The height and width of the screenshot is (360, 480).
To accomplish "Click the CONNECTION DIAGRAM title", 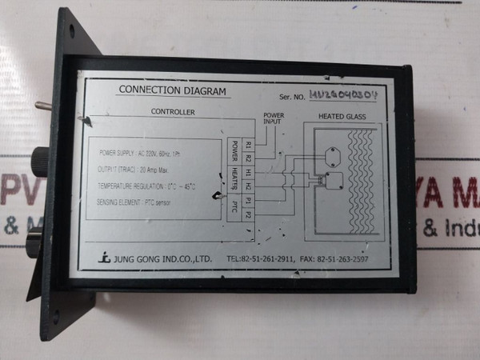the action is point(172,90).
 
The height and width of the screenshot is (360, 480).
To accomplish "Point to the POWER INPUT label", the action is point(274,119).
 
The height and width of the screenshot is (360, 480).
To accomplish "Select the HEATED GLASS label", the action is point(342,118).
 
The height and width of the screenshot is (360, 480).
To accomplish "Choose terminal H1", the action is point(248,172).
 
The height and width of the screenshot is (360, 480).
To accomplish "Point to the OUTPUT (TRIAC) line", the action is point(134,169).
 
